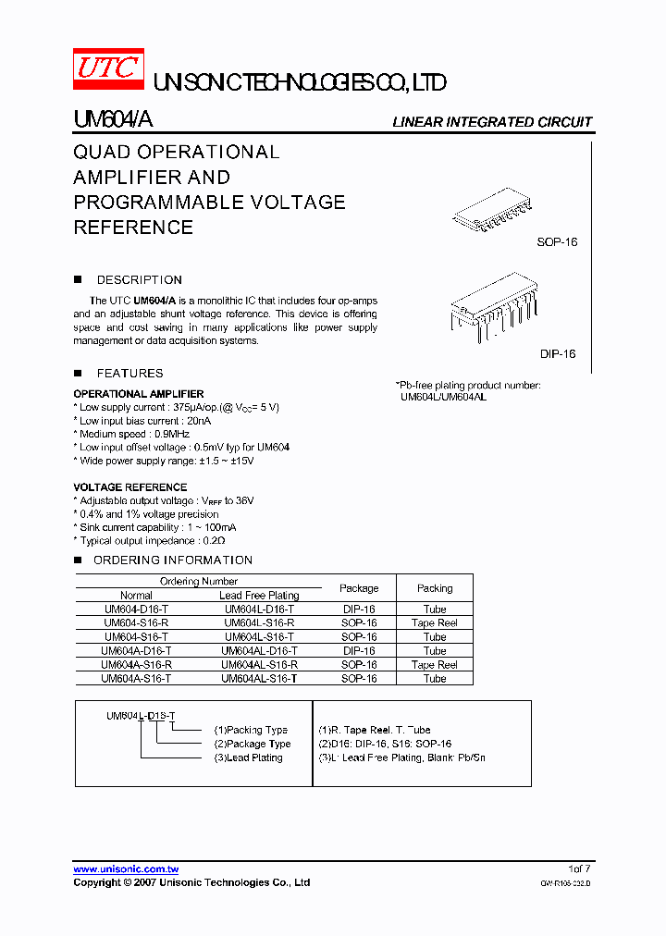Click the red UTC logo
108,70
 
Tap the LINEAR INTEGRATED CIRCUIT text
492,122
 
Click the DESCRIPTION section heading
139,279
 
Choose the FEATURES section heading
129,373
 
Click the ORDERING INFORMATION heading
172,560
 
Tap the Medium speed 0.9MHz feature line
134,434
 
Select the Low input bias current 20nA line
144,421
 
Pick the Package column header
359,588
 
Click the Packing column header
435,588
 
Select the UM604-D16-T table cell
136,610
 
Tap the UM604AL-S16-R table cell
259,665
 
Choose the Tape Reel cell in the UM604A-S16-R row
435,665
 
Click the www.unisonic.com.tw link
126,868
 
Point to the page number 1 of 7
580,868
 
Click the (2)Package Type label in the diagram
253,744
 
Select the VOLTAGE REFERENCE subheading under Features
129,486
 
